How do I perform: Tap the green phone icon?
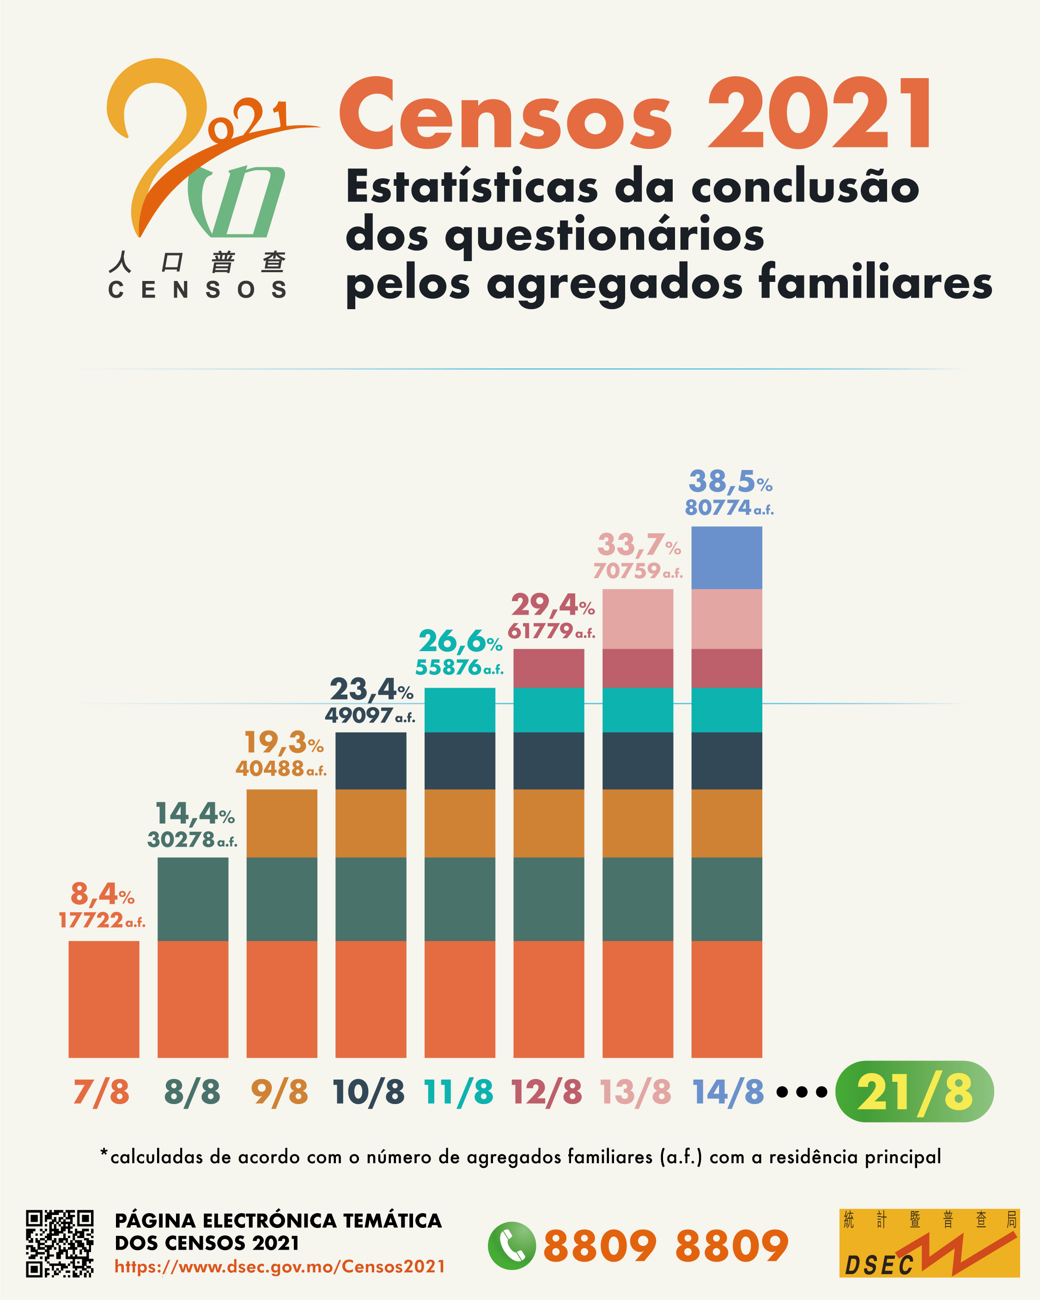511,1245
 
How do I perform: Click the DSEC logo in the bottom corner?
929,1243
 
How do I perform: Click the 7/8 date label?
101,1092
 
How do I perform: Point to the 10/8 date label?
368,1092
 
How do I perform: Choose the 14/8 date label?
728,1092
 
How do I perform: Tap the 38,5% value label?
730,482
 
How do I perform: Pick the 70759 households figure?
627,570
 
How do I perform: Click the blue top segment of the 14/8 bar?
726,558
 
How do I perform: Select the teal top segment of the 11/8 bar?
459,710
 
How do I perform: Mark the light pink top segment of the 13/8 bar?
637,619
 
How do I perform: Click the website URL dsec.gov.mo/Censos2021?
280,1266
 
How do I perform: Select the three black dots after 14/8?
801,1092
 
